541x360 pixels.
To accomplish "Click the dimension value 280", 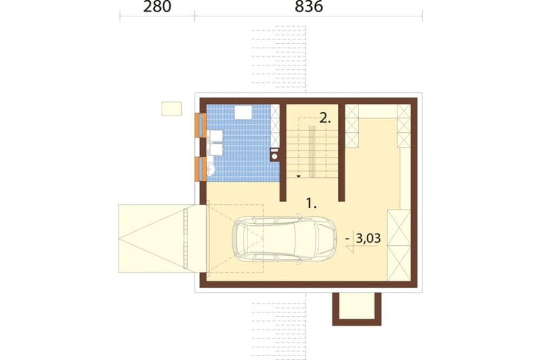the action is pos(157,6).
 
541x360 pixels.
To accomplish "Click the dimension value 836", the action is pos(309,6).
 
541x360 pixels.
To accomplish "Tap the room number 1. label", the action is pos(312,203).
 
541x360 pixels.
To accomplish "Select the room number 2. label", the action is pos(325,118).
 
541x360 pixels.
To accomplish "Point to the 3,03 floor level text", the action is pos(368,238).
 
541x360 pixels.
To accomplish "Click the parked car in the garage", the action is pos(285,239).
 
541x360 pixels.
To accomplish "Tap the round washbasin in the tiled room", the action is pos(211,169).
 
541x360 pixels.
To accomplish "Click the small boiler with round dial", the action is pos(275,155).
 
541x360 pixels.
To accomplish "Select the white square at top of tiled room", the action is pos(243,112).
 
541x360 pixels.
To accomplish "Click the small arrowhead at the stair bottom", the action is pos(299,177).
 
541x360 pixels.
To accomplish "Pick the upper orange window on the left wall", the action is pos(201,125).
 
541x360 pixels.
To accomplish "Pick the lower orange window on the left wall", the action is pos(201,169).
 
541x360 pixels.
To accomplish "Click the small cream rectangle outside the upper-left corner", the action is pos(171,109).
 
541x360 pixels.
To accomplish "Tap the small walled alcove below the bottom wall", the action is pos(357,309).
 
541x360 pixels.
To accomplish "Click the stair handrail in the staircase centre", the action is pos(312,152).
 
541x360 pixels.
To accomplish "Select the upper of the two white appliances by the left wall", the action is pos(216,136).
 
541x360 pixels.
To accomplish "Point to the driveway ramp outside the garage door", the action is pos(163,238).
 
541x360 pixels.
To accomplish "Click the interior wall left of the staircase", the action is pos(283,152).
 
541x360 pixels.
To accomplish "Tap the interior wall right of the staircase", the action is pos(341,152).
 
